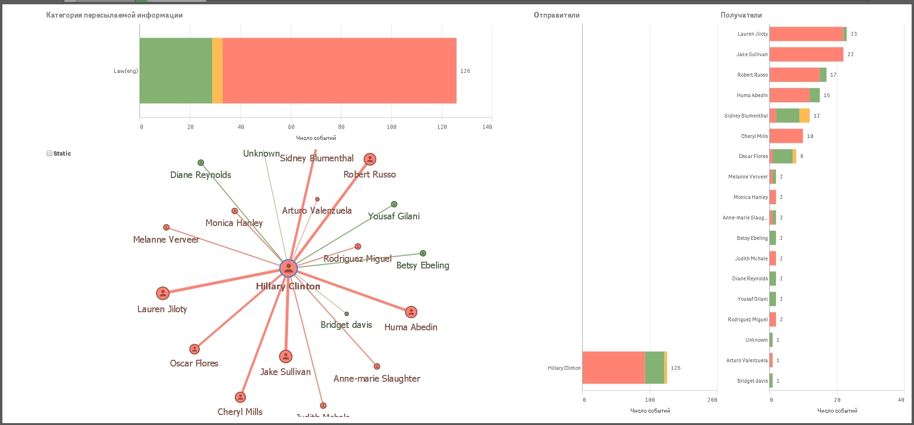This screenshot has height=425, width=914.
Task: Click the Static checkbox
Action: coord(50,153)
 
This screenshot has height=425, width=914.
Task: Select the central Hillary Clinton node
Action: coord(288,268)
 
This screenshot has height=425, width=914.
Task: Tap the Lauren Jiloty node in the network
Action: coord(163,293)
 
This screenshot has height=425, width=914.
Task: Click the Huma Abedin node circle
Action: coord(411,312)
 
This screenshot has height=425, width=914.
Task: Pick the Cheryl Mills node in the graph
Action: coord(240,397)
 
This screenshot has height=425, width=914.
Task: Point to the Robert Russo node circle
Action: coord(370,159)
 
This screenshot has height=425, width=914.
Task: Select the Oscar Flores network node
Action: coord(194,349)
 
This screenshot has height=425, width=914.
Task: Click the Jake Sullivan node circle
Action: coord(286,356)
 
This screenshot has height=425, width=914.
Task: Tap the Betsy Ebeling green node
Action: coord(423,253)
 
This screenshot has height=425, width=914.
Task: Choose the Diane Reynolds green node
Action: coord(201,163)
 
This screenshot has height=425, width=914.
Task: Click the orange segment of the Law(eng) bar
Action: coord(218,70)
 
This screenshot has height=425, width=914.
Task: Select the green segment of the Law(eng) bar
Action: coord(176,70)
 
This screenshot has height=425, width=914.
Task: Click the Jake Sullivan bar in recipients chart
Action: coord(806,54)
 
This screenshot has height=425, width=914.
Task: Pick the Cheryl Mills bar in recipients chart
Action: coord(786,136)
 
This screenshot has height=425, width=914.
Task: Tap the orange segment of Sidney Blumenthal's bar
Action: coord(805,116)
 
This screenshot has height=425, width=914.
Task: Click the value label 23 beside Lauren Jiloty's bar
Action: coord(854,34)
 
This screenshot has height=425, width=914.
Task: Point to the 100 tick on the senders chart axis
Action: coord(650,400)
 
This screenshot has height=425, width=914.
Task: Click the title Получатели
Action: coord(741,15)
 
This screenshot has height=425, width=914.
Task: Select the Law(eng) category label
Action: coord(126,71)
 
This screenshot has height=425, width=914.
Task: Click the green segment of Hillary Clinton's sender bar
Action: coord(654,367)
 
